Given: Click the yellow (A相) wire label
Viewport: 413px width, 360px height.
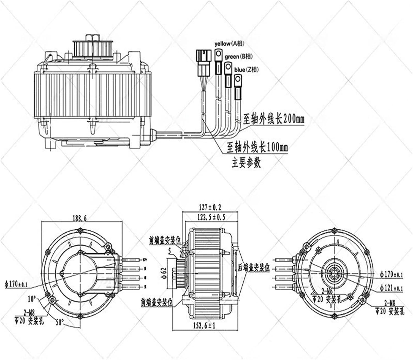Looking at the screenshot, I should (x=229, y=43).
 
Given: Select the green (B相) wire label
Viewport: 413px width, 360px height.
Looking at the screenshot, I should (x=238, y=57).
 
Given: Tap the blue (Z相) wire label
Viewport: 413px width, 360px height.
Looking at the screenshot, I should (x=246, y=69).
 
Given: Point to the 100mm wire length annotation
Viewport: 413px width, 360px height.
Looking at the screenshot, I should (x=257, y=147).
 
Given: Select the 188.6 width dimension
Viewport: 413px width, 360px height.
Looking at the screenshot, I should (x=80, y=218).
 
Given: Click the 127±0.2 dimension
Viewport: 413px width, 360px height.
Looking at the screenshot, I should (x=210, y=207).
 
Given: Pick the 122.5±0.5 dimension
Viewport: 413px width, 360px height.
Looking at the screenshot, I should (x=211, y=217).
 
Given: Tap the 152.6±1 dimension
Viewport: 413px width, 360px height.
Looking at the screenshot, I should (x=204, y=326).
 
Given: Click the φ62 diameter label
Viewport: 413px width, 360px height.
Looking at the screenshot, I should (x=164, y=273).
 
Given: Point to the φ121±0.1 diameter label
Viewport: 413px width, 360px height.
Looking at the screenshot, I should (x=391, y=288).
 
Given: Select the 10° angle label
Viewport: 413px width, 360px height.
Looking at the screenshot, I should (x=32, y=299).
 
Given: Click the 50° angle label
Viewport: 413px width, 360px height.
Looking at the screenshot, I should (x=60, y=322).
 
